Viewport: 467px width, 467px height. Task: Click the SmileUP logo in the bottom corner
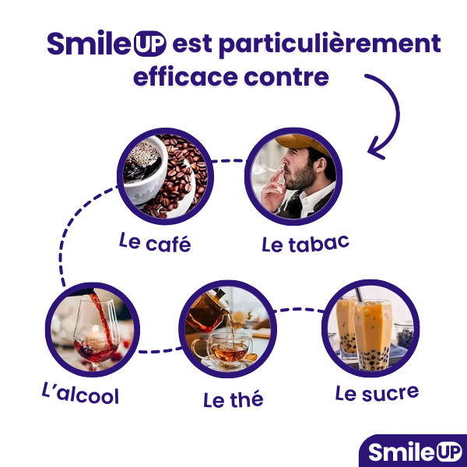415,451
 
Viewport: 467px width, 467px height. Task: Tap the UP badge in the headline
149,44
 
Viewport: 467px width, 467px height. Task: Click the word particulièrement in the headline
330,45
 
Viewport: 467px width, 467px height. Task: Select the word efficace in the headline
185,76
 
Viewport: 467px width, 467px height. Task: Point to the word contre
286,77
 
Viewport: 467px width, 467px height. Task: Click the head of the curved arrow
376,149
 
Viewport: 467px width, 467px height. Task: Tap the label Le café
155,242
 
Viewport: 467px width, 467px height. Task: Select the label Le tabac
306,244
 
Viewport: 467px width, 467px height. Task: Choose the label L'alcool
80,393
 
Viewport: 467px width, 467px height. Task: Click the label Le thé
233,399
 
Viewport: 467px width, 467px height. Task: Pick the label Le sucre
377,393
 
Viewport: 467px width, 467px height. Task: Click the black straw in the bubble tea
359,295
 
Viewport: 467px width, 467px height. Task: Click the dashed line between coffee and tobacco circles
228,161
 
